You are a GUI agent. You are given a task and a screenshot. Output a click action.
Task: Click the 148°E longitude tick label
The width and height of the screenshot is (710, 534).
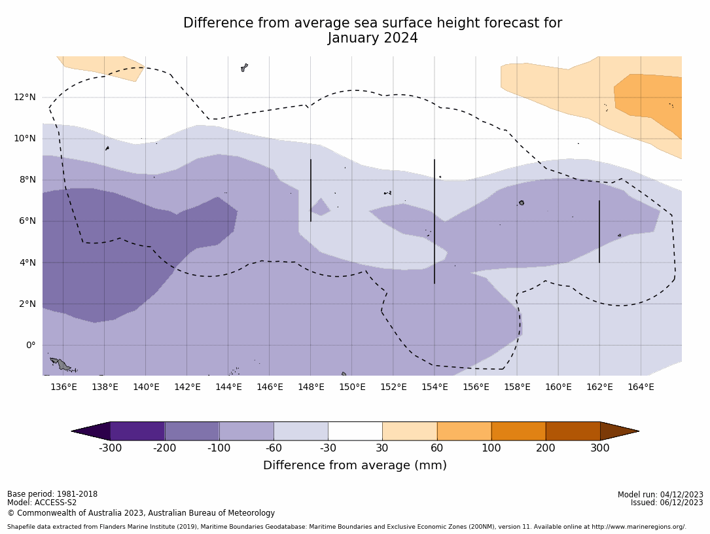click(311, 387)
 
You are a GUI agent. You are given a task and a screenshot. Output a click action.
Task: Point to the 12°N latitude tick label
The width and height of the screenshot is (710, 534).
click(26, 98)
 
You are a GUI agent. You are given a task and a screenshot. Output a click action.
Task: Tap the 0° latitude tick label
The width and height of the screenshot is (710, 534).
click(30, 346)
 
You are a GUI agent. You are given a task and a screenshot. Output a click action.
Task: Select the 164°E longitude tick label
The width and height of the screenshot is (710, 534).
click(641, 387)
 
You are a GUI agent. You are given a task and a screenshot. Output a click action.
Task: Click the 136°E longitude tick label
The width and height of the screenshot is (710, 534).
click(63, 387)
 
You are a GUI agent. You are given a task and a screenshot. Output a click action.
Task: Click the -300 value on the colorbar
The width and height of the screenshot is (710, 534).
click(110, 448)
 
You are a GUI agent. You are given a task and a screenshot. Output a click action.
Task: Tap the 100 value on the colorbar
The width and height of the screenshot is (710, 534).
click(491, 448)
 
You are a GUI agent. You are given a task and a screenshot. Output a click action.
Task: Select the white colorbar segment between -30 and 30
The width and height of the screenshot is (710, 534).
click(355, 431)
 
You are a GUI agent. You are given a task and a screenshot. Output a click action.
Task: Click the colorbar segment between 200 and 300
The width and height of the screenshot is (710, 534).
click(573, 431)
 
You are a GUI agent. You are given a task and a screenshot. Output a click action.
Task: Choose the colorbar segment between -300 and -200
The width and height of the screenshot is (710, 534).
click(137, 431)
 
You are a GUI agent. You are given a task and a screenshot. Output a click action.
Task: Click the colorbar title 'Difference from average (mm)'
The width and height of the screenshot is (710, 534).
click(355, 465)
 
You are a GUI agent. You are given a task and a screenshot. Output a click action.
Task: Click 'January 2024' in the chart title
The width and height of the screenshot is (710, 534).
click(372, 39)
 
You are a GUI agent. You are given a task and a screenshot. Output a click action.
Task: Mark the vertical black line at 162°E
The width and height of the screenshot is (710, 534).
click(599, 232)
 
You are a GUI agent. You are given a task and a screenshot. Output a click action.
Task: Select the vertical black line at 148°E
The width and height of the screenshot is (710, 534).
click(311, 190)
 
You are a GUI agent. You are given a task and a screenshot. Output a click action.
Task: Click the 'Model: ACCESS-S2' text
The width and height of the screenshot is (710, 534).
click(42, 503)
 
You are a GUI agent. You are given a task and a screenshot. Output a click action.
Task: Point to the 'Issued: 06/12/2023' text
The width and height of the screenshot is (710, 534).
click(667, 503)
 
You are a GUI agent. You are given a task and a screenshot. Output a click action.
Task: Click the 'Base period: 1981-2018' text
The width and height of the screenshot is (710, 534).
click(52, 494)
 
